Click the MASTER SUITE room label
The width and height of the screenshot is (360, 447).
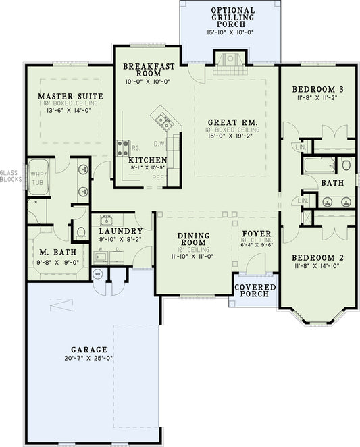click(70, 97)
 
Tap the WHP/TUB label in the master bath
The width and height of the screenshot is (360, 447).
click(35, 178)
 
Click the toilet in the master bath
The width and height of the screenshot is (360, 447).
click(81, 232)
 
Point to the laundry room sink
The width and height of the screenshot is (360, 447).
click(107, 219)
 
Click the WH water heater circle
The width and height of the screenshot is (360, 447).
click(97, 274)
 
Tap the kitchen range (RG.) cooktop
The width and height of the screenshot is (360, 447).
click(124, 144)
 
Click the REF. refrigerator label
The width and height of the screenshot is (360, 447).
click(159, 177)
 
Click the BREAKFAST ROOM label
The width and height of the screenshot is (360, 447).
click(150, 71)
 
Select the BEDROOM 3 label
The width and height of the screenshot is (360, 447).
click(317, 89)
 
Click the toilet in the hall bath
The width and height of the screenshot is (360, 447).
click(345, 164)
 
